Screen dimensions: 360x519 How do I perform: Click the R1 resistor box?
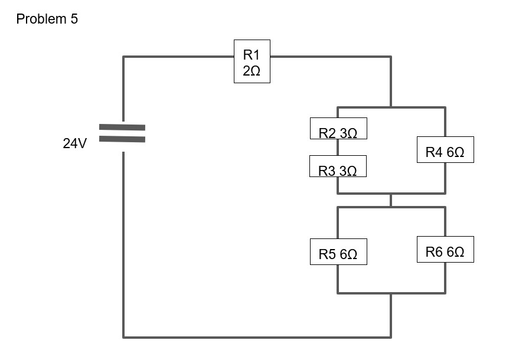252,61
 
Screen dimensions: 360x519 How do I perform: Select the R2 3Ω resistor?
338,129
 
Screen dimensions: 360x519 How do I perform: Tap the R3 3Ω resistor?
338,166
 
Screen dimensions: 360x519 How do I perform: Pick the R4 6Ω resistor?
445,150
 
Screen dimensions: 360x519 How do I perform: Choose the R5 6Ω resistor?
338,252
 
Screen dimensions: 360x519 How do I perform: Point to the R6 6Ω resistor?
445,250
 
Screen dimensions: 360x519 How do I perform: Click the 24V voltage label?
74,143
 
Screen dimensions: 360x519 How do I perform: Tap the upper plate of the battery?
122,127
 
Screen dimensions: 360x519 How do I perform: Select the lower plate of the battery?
122,139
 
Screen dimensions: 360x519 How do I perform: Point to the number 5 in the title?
74,19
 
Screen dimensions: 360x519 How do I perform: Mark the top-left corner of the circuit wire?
123,57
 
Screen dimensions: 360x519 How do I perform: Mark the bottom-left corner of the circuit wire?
123,337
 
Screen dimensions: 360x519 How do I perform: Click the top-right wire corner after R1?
390,57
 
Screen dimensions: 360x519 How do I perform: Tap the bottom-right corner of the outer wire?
390,337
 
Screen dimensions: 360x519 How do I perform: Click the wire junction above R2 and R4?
390,107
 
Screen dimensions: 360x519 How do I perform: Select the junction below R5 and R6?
390,293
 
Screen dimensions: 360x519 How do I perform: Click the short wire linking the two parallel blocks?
390,200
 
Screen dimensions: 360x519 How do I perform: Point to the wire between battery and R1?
177,57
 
